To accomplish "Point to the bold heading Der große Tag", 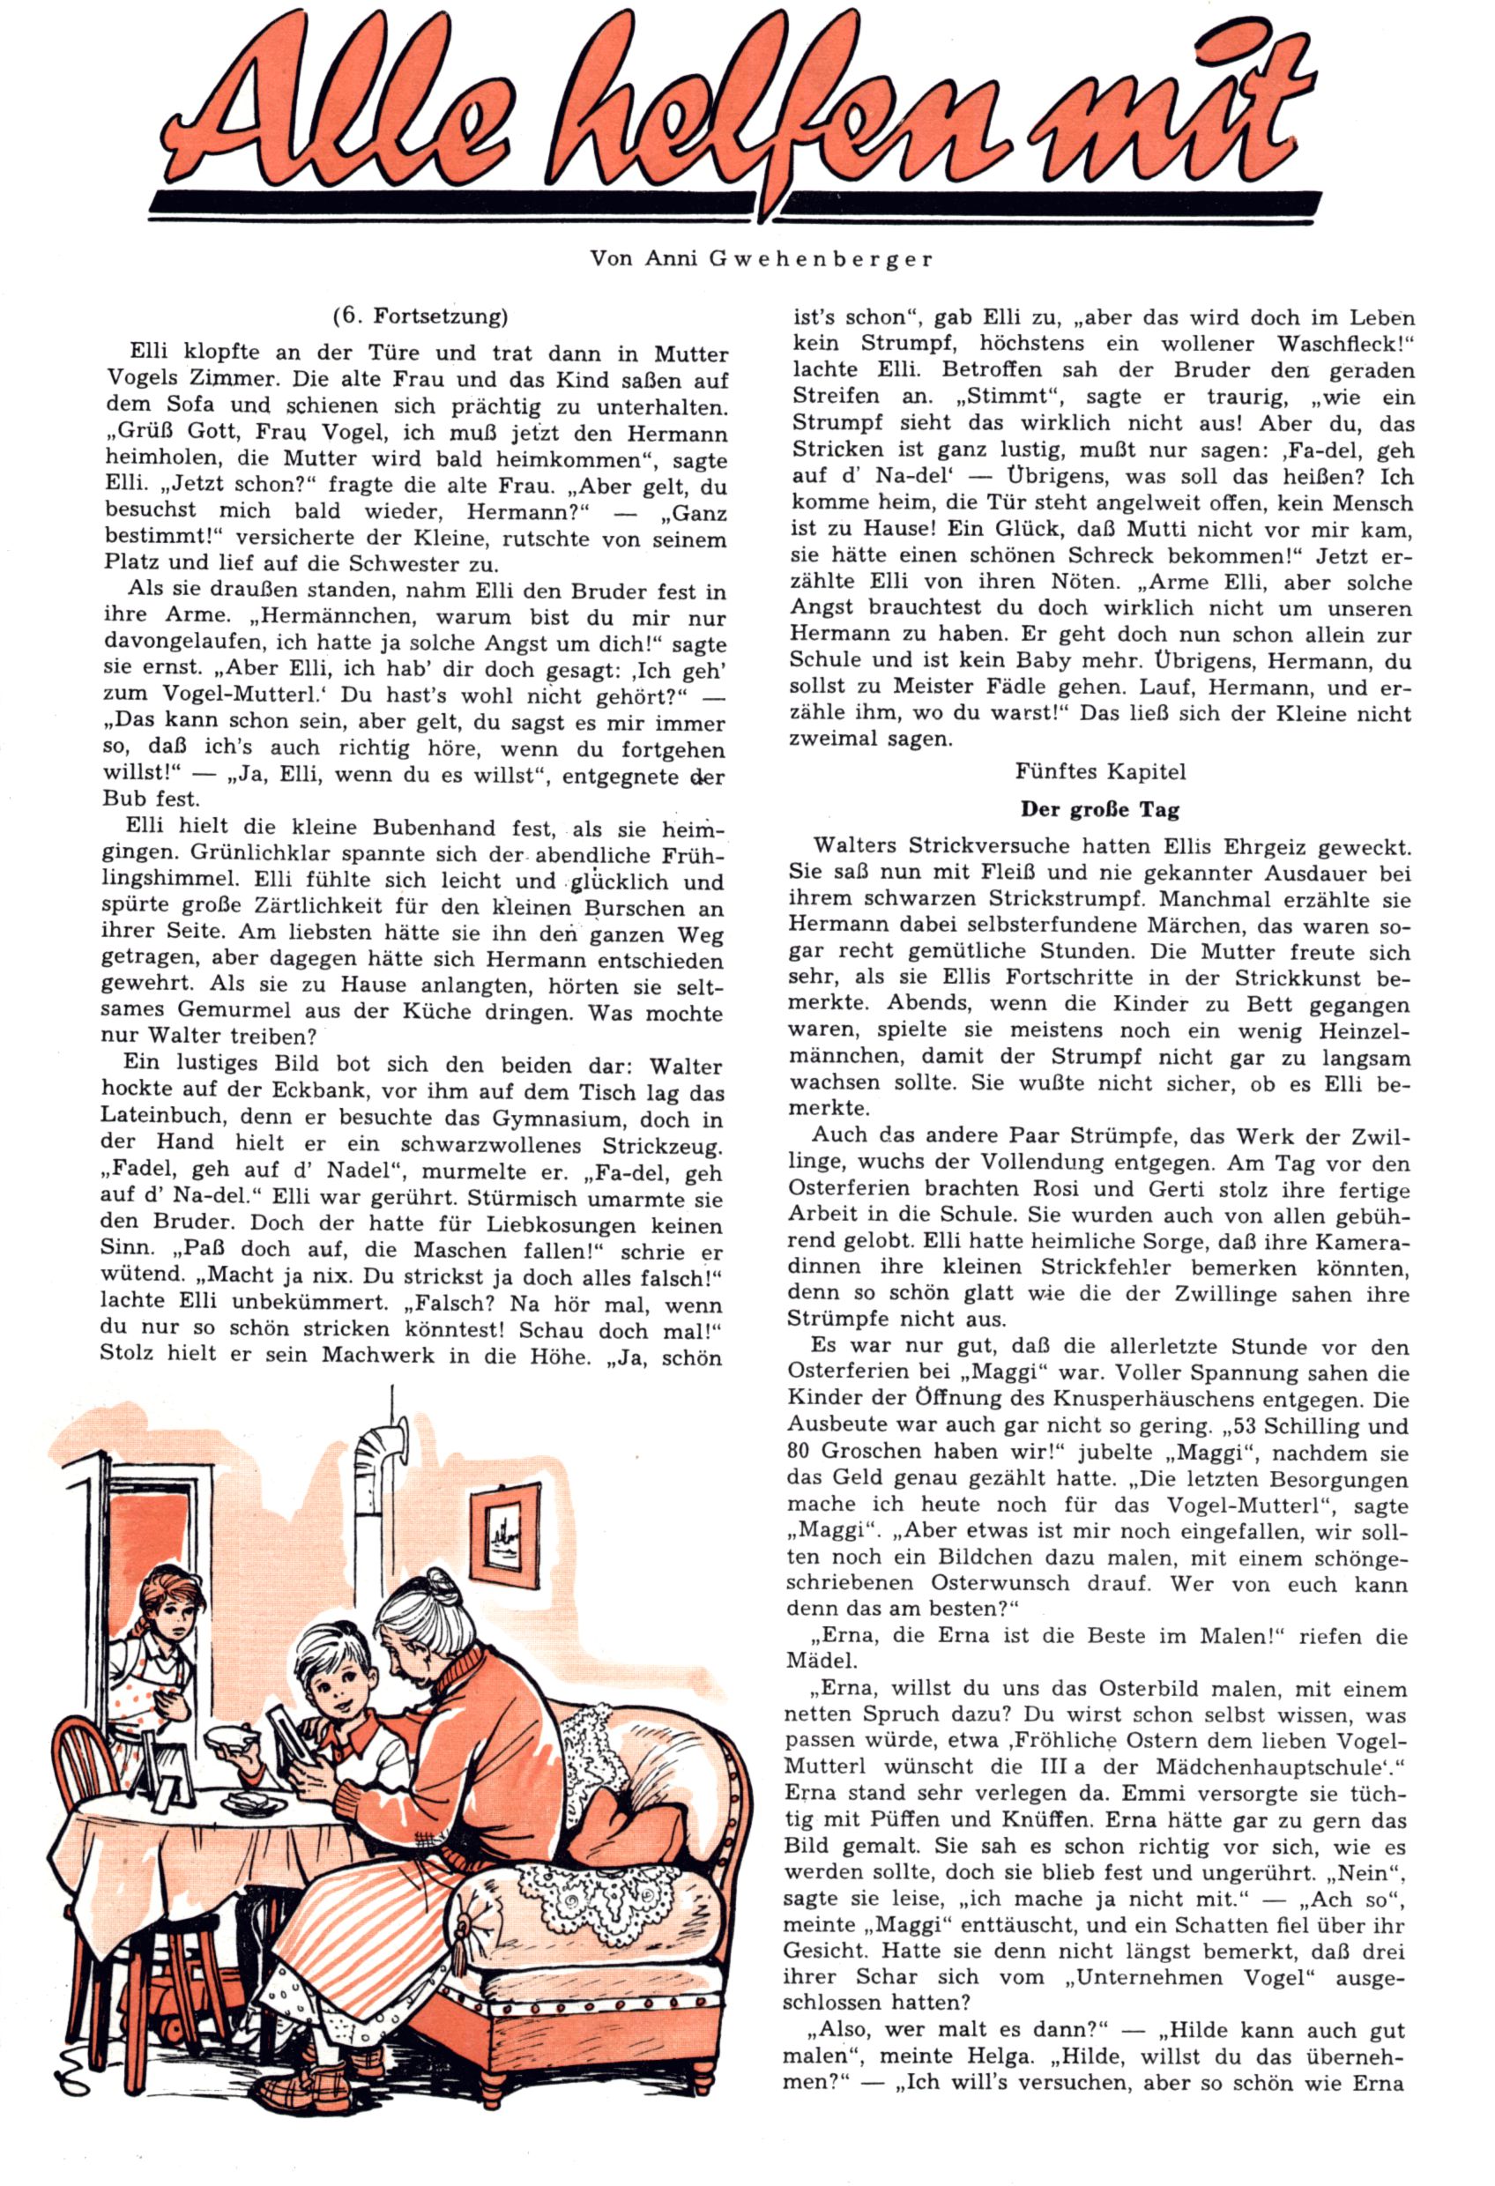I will coord(1100,809).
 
